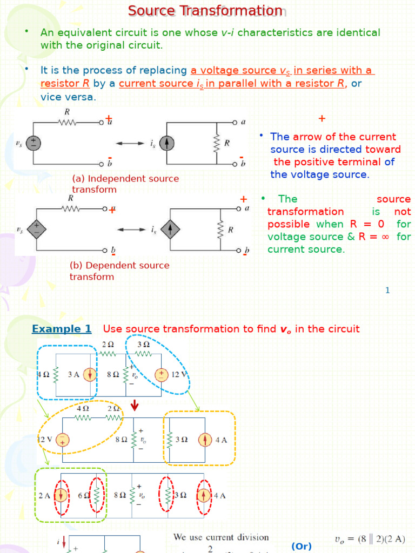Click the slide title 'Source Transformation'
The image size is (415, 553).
205,11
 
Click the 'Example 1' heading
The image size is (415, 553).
62,329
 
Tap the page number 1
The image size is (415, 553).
387,291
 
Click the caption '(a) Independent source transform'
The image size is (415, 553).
125,184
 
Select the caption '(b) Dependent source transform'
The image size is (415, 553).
119,271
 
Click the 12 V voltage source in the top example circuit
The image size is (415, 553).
161,375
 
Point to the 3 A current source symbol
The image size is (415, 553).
90,374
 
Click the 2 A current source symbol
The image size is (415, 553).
61,494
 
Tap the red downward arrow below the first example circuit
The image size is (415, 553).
135,404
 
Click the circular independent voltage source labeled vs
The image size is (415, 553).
34,143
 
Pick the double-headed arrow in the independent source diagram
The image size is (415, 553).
129,143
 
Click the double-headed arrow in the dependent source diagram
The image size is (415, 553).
132,230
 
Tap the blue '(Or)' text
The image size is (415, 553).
302,546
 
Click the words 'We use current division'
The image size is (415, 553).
220,537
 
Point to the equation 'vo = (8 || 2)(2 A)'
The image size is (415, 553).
369,538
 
